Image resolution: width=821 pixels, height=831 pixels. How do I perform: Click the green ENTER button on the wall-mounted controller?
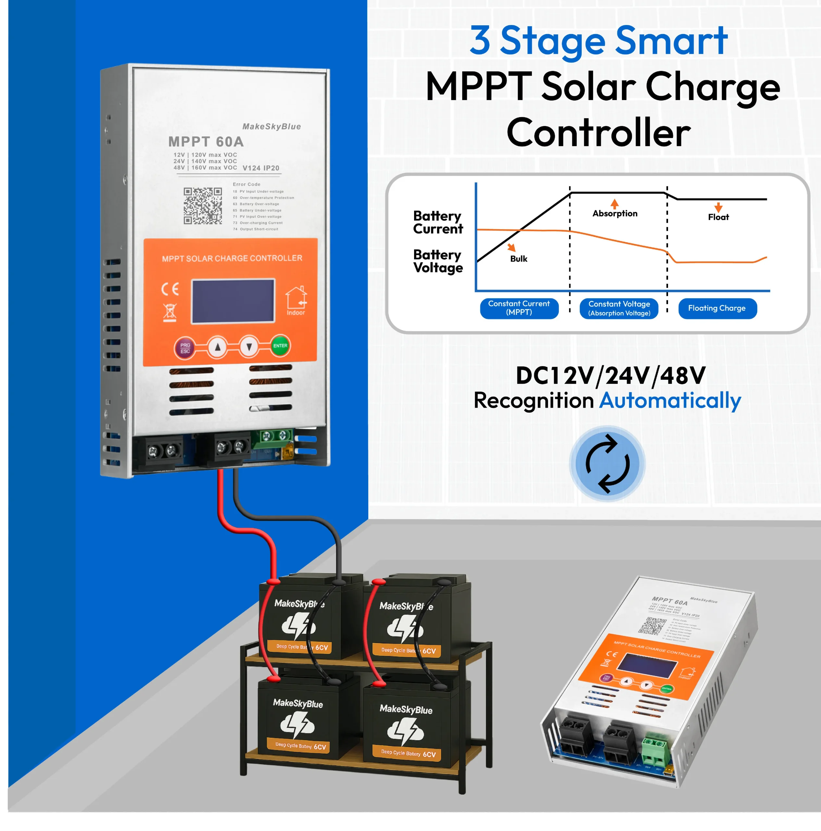click(x=280, y=346)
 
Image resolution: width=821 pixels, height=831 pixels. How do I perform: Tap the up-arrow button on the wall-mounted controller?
click(x=218, y=347)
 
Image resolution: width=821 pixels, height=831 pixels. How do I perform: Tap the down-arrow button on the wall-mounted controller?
click(x=249, y=346)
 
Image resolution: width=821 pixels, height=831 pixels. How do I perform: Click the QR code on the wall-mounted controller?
click(x=203, y=206)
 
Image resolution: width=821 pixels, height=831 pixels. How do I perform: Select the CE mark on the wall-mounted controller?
click(x=170, y=289)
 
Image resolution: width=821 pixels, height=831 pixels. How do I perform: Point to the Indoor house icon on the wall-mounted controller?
click(x=296, y=298)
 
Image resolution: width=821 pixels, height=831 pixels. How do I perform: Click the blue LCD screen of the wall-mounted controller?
click(x=233, y=301)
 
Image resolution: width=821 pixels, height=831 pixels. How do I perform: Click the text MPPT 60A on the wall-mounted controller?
click(x=206, y=142)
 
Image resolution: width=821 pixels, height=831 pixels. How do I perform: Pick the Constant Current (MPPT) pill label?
click(x=519, y=308)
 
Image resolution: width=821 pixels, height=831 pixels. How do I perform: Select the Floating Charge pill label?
click(x=717, y=308)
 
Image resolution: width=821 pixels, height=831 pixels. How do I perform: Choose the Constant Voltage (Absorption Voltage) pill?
click(x=619, y=308)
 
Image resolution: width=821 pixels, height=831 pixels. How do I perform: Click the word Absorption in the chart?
click(x=614, y=213)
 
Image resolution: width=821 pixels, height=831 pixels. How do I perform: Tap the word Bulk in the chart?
click(x=519, y=258)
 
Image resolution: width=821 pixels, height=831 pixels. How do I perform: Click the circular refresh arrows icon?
click(x=607, y=463)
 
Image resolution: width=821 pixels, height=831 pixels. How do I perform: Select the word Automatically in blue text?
click(x=670, y=401)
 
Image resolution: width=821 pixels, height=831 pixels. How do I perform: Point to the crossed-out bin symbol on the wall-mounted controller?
click(x=170, y=313)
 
